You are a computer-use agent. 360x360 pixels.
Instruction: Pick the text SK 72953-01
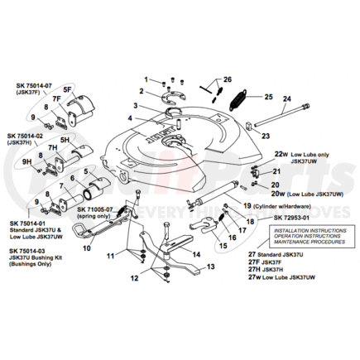pos(293,218)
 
